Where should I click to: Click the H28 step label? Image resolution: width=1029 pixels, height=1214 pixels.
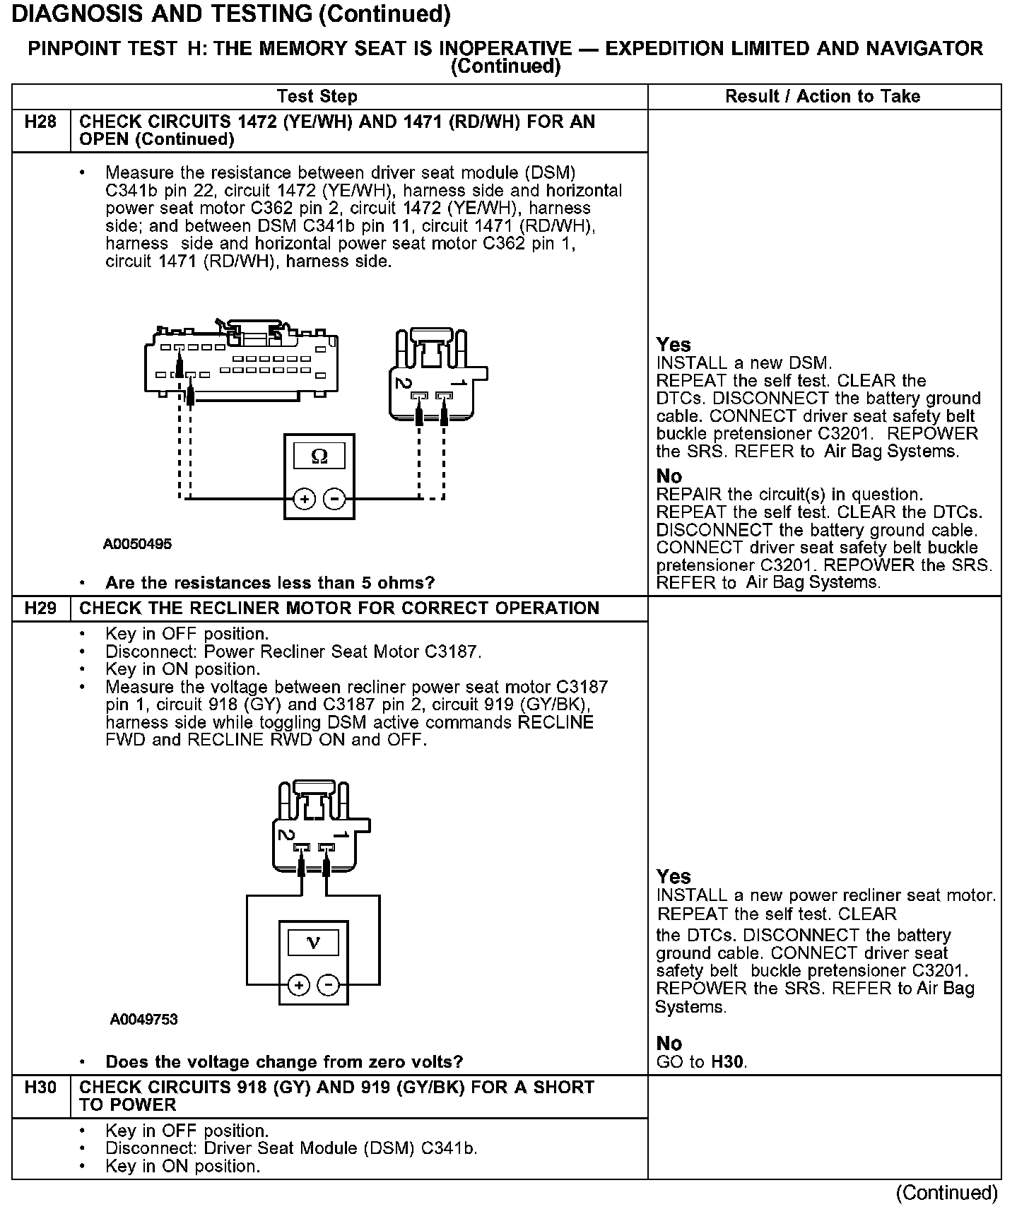point(40,122)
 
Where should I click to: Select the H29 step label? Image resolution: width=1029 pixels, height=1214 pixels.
point(40,608)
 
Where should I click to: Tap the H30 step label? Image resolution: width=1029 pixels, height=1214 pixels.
point(40,1088)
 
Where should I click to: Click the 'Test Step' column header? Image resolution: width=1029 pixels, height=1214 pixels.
point(317,96)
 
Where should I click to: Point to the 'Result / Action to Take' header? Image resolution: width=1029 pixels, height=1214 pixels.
point(823,96)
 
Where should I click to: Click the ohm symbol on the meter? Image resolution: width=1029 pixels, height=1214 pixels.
point(319,456)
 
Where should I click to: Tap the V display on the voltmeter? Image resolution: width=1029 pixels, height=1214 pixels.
point(314,943)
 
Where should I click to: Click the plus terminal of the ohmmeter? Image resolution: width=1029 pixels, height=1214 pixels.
point(305,500)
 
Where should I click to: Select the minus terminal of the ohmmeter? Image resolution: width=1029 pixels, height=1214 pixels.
point(334,500)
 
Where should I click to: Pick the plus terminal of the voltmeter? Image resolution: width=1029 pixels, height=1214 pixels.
point(299,986)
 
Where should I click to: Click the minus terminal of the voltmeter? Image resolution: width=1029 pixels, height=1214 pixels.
point(328,986)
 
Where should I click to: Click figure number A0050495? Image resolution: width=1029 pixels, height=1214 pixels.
point(137,544)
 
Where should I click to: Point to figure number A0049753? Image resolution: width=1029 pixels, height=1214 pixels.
point(143,1020)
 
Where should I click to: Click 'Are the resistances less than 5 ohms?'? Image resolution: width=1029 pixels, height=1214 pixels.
point(269,583)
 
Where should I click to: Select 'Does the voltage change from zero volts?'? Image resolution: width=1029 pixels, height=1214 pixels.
point(284,1061)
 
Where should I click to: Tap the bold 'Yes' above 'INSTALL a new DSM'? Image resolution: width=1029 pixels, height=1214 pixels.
point(673,345)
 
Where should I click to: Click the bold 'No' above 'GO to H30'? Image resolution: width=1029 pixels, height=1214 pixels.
point(669,1044)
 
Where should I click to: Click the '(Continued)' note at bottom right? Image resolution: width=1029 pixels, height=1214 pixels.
point(946,1193)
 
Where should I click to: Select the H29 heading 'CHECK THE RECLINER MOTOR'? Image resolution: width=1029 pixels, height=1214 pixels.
point(339,608)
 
